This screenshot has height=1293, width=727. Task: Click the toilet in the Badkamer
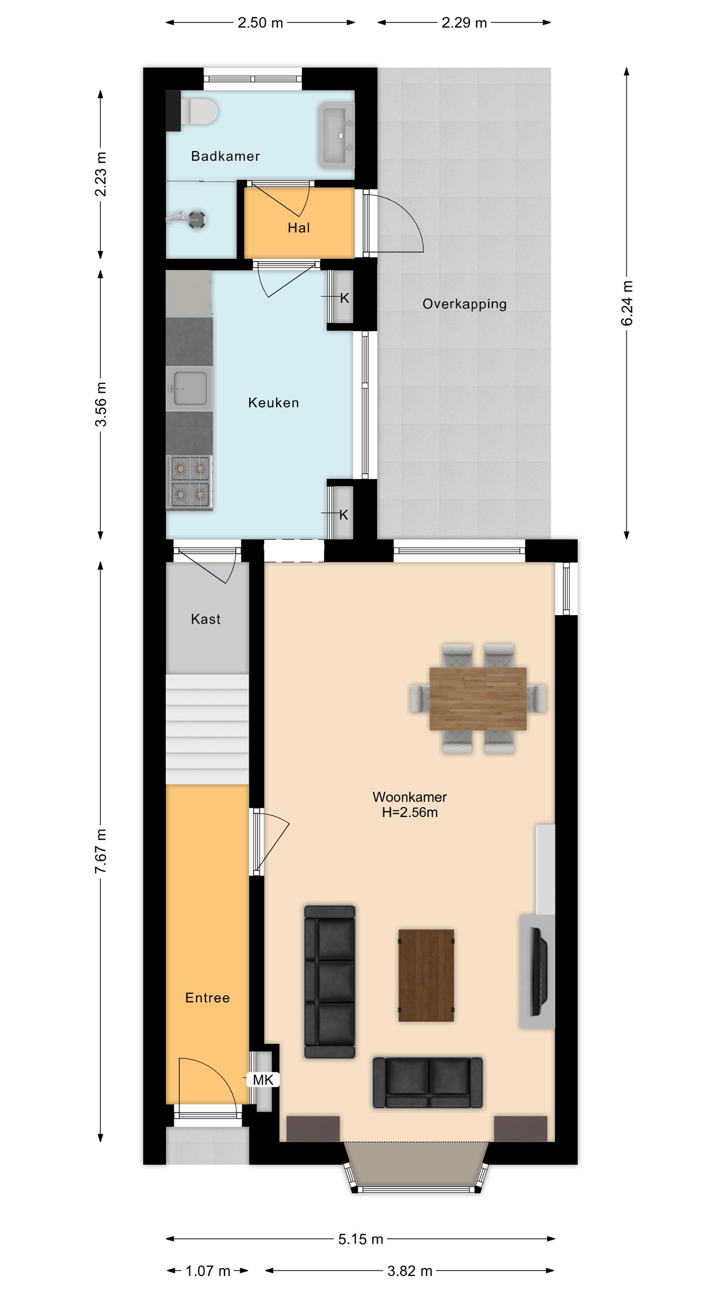[x=198, y=111]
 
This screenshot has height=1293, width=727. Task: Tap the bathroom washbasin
[x=337, y=135]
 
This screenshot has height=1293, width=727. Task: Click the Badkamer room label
[x=225, y=156]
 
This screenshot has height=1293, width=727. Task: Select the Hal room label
[x=298, y=228]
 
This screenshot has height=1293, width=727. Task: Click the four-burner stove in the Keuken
[x=190, y=482]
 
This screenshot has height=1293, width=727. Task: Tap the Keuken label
[x=273, y=403]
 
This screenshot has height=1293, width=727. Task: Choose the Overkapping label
[x=465, y=304]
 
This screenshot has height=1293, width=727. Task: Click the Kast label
[x=206, y=619]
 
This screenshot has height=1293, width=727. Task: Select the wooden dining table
[x=478, y=699]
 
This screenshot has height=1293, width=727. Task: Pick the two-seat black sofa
[x=428, y=1083]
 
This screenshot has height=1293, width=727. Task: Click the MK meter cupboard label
[x=263, y=1080]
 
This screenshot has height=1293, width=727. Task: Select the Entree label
[x=208, y=997]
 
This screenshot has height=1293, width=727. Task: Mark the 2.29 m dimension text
[x=464, y=22]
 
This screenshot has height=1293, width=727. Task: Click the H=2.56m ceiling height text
[x=410, y=812]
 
